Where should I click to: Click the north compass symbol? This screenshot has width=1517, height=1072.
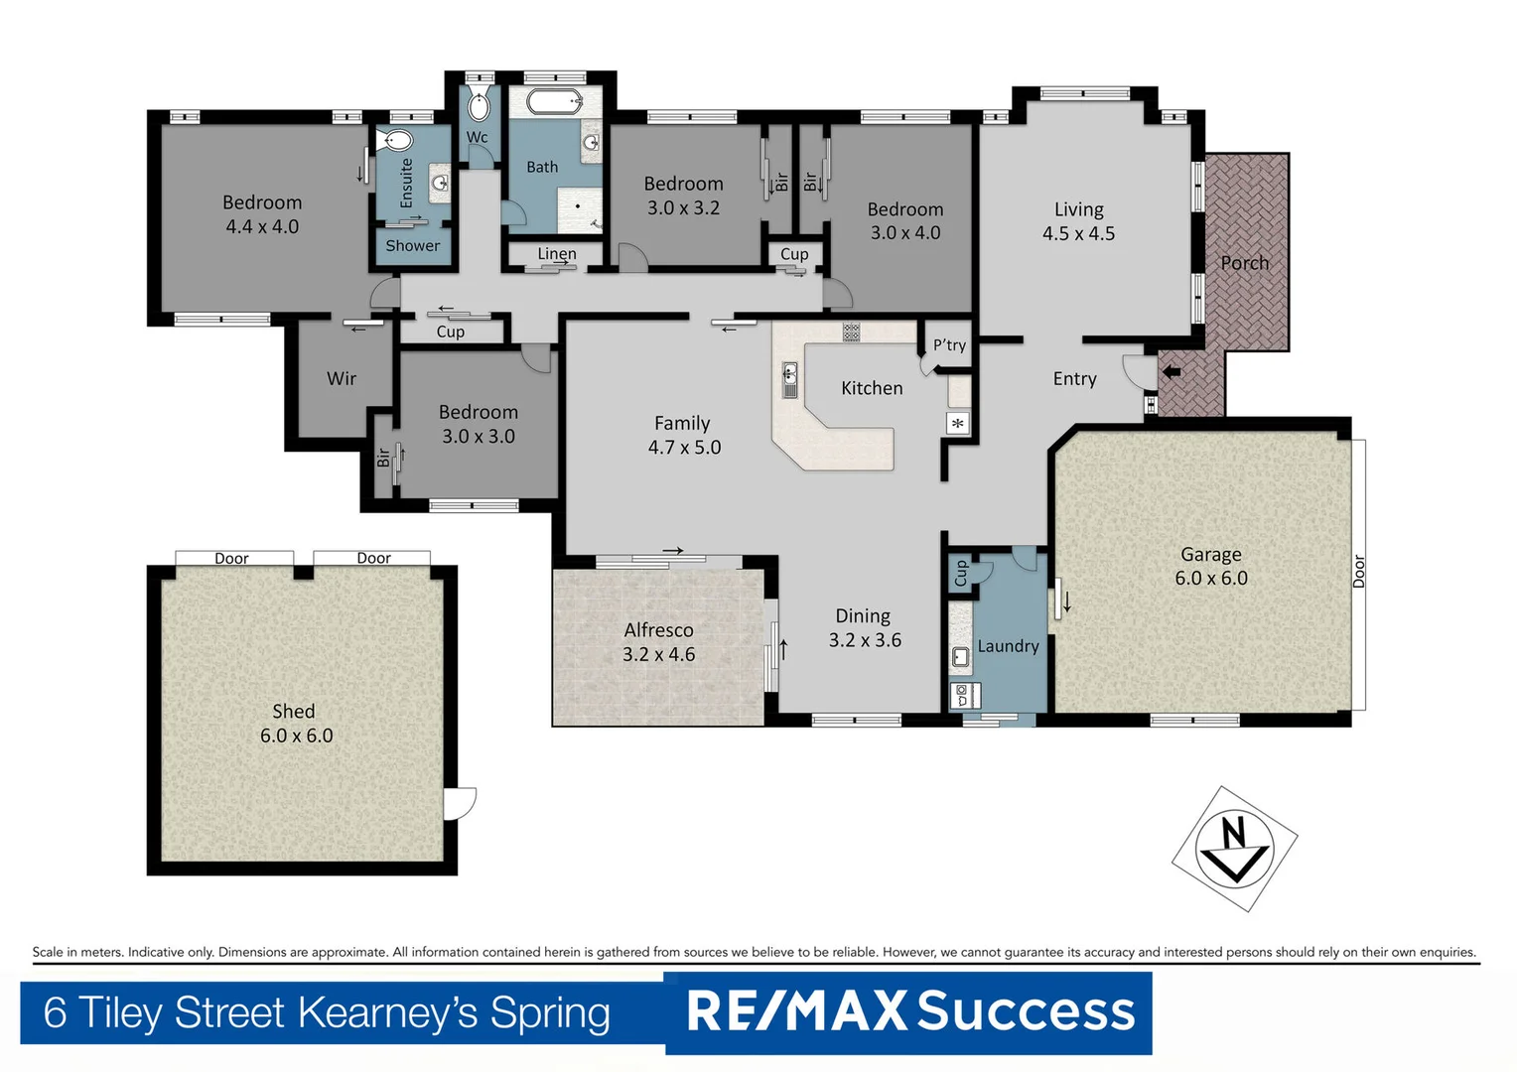click(x=1234, y=849)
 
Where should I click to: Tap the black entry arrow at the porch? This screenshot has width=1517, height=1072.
click(x=1172, y=372)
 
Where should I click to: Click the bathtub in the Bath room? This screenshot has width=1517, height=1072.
click(x=553, y=100)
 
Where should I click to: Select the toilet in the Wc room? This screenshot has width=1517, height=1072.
click(x=479, y=106)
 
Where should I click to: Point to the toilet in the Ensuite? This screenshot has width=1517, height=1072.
click(x=398, y=140)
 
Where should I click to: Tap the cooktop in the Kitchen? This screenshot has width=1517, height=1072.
click(x=851, y=332)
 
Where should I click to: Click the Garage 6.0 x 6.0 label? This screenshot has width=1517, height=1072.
click(x=1210, y=567)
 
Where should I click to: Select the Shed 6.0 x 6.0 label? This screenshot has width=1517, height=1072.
click(x=296, y=724)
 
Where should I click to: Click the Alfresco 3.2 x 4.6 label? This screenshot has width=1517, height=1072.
click(x=658, y=642)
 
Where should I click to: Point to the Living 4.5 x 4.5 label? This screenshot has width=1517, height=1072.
click(x=1078, y=221)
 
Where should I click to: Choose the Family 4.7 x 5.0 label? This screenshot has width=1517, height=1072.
click(x=683, y=435)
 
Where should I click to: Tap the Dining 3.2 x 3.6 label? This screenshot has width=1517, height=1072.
click(x=864, y=628)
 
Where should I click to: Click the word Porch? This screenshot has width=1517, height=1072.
click(x=1244, y=263)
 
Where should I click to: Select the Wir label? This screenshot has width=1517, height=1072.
click(x=342, y=378)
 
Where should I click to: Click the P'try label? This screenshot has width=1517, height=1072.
click(x=949, y=345)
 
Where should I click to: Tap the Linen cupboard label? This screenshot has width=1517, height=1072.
click(x=556, y=254)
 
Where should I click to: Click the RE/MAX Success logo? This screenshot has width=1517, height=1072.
click(x=909, y=1011)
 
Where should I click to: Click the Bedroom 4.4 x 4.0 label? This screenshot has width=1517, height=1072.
click(x=262, y=214)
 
